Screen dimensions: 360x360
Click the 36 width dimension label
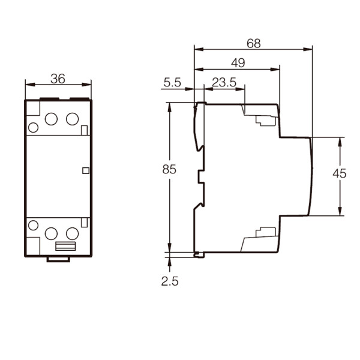[x=58, y=79]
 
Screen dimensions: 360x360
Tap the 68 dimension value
[x=254, y=43]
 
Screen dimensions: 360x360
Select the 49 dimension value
[x=238, y=62]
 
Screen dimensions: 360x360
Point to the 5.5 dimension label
[x=172, y=82]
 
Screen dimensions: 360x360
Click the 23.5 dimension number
[x=224, y=82]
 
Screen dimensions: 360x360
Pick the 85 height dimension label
[x=169, y=169]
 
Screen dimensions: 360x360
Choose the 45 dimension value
[x=340, y=173]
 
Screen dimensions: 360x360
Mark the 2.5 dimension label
[x=170, y=281]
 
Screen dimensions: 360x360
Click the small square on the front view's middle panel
[x=86, y=170]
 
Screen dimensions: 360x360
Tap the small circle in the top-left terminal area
[x=33, y=127]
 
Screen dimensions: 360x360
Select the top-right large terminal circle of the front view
[x=73, y=119]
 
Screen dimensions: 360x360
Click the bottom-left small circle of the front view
[x=33, y=225]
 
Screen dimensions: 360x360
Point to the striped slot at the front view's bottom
[x=65, y=246]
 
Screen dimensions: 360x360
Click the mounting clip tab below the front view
[x=58, y=259]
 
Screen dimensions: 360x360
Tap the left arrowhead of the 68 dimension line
[x=199, y=49]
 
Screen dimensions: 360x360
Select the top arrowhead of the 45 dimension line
[x=340, y=142]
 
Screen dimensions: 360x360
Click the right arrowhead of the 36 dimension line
[x=86, y=85]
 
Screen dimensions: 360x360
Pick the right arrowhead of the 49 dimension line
[x=275, y=70]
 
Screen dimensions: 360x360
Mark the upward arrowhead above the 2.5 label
[x=169, y=262]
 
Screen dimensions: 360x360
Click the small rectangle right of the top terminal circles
[x=84, y=130]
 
